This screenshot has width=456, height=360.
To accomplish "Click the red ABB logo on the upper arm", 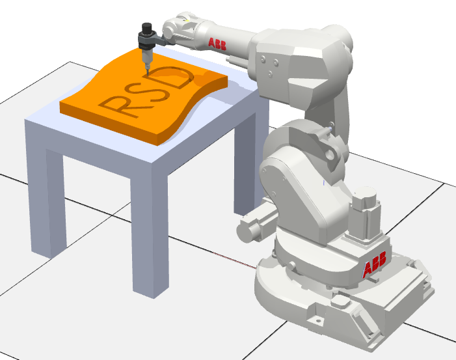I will [218, 43].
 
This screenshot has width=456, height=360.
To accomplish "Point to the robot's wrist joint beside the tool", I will [174, 30].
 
